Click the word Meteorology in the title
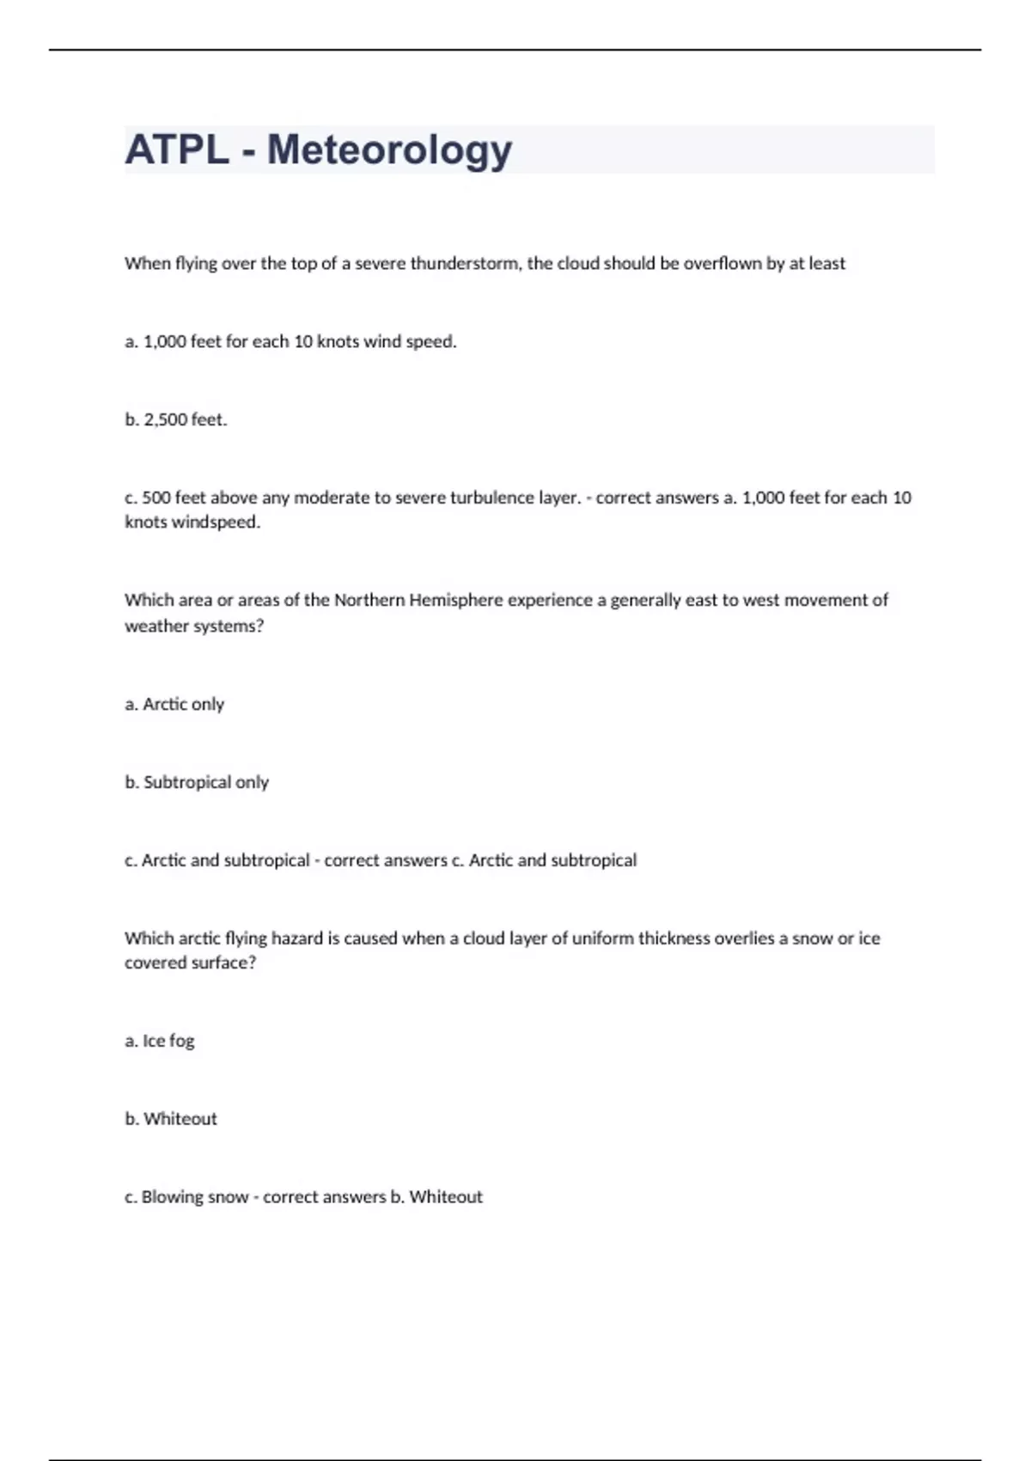[x=389, y=150]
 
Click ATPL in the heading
[x=176, y=150]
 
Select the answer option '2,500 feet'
[x=185, y=419]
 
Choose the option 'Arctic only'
[x=183, y=704]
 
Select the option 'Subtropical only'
[x=205, y=782]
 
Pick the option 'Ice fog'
[x=168, y=1041]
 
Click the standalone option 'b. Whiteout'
[x=180, y=1119]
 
